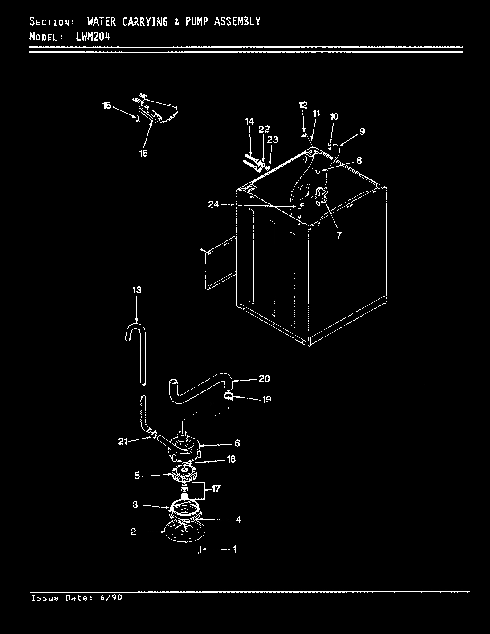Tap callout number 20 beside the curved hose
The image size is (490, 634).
pyautogui.click(x=264, y=379)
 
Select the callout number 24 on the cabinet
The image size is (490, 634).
pyautogui.click(x=214, y=204)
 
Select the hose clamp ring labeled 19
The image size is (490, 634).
pyautogui.click(x=228, y=396)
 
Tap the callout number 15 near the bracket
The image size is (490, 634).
pyautogui.click(x=107, y=106)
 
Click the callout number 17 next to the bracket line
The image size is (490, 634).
pyautogui.click(x=216, y=489)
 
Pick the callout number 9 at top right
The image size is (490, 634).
pyautogui.click(x=362, y=131)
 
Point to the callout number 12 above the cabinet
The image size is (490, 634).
pyautogui.click(x=303, y=106)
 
